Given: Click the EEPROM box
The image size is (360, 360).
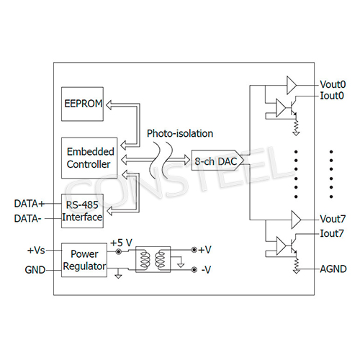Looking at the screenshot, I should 83,104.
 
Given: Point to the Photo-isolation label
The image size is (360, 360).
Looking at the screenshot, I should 179,134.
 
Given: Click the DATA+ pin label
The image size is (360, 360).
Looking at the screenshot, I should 30,204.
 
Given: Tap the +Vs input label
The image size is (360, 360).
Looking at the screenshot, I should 36,251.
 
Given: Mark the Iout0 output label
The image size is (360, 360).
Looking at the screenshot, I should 332,95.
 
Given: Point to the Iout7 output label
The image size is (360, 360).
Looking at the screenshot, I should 332,233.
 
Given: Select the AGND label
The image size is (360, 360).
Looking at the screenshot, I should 333,269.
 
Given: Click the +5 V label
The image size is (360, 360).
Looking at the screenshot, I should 121,242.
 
